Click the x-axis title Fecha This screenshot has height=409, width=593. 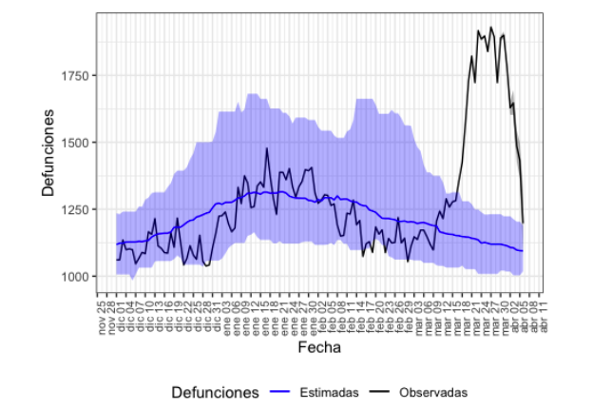(x=319, y=348)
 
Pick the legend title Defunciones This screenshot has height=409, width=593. (x=215, y=392)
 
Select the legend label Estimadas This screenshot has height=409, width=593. (x=329, y=392)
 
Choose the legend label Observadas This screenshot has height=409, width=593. (x=433, y=392)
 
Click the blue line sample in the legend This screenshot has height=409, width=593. (x=280, y=392)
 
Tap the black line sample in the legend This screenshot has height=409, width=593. (x=380, y=392)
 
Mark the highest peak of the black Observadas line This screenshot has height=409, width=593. (x=490, y=28)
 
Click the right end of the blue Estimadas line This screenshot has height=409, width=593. (x=523, y=251)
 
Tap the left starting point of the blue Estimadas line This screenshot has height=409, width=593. (x=117, y=244)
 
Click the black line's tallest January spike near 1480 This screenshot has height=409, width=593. (x=267, y=148)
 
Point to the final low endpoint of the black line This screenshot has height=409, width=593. (x=523, y=224)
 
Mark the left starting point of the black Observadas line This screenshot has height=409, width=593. (x=117, y=260)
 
